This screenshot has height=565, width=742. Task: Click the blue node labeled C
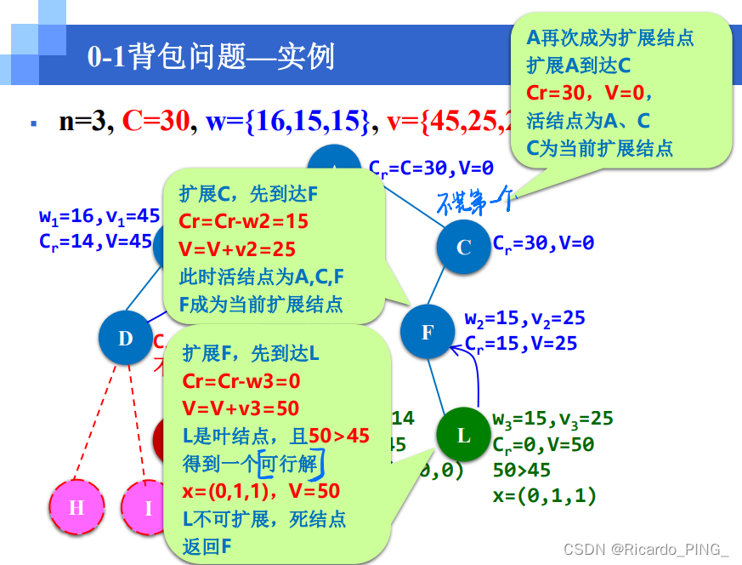(x=464, y=248)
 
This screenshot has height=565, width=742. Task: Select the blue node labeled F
(x=428, y=332)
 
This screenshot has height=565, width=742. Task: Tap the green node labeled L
(x=463, y=436)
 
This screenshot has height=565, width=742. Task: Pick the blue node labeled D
(x=126, y=339)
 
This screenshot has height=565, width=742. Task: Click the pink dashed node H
(x=76, y=508)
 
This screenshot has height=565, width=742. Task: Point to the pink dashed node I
(x=148, y=509)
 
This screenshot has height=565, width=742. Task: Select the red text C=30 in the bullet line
(x=155, y=123)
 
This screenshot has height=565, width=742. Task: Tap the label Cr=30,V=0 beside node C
(x=543, y=243)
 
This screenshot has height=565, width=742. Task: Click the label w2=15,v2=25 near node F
(x=524, y=319)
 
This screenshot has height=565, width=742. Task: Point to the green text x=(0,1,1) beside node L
(x=544, y=495)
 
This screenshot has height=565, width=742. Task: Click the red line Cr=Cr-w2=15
(x=244, y=221)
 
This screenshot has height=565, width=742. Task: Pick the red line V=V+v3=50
(x=241, y=408)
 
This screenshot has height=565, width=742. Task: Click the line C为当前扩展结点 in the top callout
(x=599, y=149)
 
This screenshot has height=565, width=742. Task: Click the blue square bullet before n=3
(x=33, y=123)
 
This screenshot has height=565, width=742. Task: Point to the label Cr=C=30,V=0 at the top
(x=431, y=168)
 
